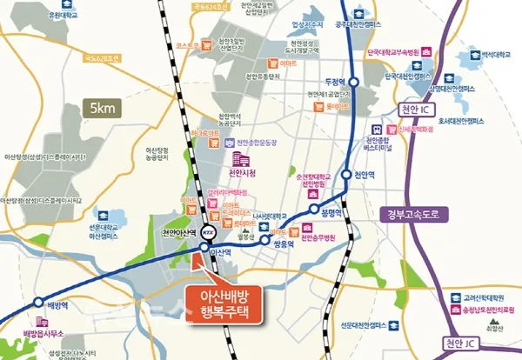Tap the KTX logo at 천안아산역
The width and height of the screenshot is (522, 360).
pos(208,233)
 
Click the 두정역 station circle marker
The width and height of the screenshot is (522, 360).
pos(354,82)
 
